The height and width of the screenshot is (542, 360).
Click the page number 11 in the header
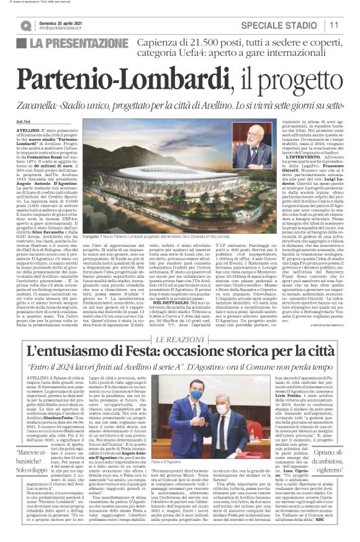pyautogui.click(x=334, y=25)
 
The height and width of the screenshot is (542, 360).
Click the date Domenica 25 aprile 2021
pyautogui.click(x=61, y=22)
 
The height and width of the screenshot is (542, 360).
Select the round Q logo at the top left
pyautogui.click(x=25, y=25)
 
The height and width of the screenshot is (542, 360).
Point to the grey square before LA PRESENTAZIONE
pyautogui.click(x=21, y=43)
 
